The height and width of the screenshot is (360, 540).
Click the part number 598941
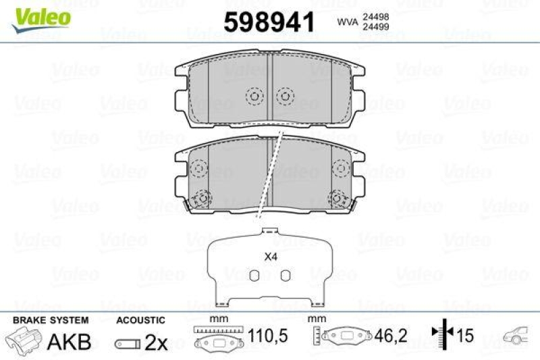click(x=269, y=22)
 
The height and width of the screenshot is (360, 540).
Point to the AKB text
click(x=69, y=342)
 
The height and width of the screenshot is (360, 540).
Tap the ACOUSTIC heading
click(x=140, y=319)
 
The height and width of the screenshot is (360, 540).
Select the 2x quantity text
click(x=157, y=342)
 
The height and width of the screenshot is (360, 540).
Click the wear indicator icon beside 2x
click(x=126, y=344)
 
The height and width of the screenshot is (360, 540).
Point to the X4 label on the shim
click(x=270, y=257)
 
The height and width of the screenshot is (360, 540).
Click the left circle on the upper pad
click(x=254, y=97)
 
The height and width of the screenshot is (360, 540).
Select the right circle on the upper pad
click(x=285, y=97)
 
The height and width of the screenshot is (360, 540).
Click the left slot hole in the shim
click(x=254, y=275)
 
